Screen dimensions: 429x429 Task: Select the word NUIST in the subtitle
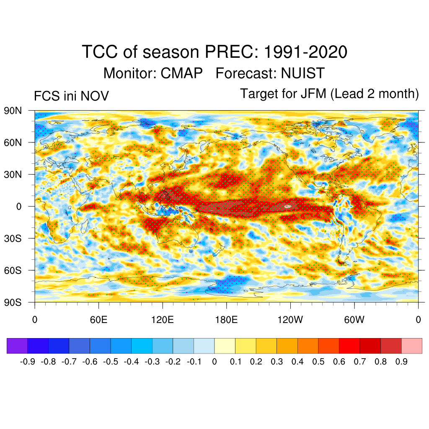click(302, 73)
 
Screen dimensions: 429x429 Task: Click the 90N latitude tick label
click(13, 111)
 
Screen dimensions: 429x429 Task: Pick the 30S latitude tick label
click(13, 238)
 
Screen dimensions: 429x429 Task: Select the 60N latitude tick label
click(13, 142)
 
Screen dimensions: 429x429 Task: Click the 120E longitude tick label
click(163, 320)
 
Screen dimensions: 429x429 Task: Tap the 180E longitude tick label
click(226, 320)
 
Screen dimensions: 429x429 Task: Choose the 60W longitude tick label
click(354, 320)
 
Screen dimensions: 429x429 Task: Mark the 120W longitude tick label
click(290, 320)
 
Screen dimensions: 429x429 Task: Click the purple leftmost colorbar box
click(17, 346)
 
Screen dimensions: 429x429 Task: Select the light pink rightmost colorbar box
click(411, 346)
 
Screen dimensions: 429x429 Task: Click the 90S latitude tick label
click(13, 302)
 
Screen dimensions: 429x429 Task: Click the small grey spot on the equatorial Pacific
click(287, 206)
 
